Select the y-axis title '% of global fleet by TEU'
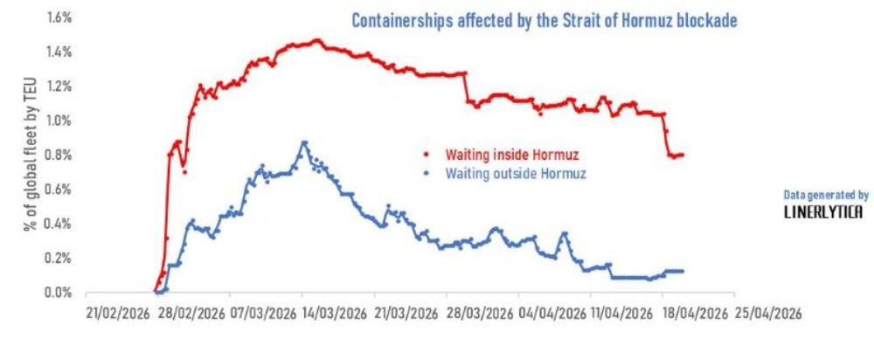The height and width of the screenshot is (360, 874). pyautogui.click(x=32, y=153)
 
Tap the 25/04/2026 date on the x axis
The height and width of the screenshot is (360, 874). pyautogui.click(x=768, y=312)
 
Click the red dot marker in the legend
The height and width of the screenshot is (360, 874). pyautogui.click(x=426, y=155)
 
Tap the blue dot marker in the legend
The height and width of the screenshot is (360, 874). pyautogui.click(x=426, y=173)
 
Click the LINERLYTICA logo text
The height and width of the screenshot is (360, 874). pyautogui.click(x=822, y=212)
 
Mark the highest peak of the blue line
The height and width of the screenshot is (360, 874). pyautogui.click(x=304, y=142)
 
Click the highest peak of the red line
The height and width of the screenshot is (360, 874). pyautogui.click(x=317, y=40)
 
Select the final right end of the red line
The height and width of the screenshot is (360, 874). pyautogui.click(x=683, y=155)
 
